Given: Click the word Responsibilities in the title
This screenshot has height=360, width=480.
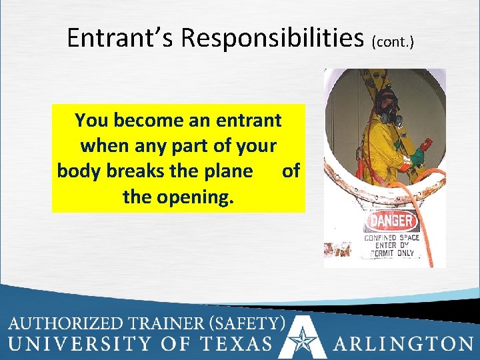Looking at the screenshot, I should [x=273, y=39].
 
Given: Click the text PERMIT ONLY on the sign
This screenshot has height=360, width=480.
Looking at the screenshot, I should [x=389, y=253].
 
